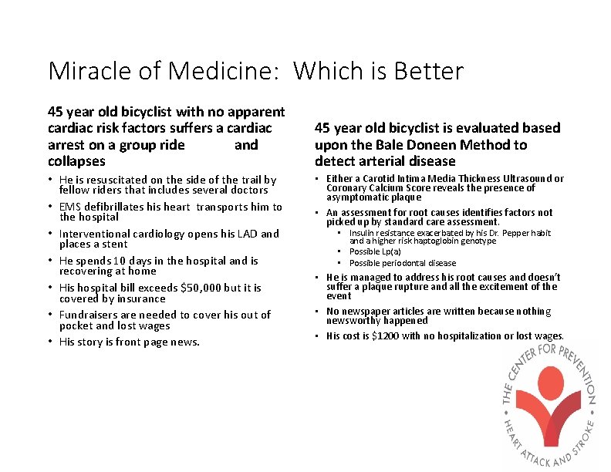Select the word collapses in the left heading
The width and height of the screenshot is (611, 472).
point(76,161)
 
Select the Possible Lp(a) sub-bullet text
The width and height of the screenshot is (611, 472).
point(375,251)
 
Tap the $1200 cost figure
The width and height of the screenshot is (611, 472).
point(390,335)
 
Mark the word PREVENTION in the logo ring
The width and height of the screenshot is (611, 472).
point(575,370)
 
